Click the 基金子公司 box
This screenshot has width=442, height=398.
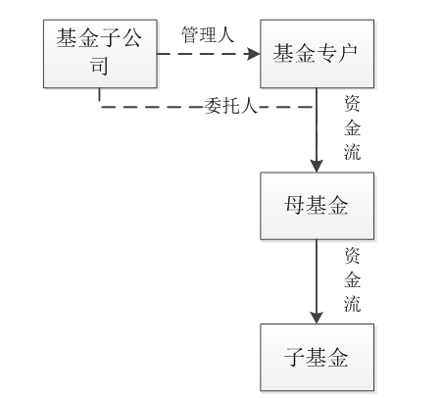(x=100, y=54)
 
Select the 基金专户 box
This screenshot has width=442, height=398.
(x=317, y=54)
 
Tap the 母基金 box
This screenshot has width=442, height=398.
(x=317, y=206)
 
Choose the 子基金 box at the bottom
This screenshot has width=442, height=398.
(x=317, y=357)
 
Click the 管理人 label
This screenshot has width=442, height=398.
(x=208, y=34)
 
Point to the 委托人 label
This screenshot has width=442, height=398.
(x=231, y=106)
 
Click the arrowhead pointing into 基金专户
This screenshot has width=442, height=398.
(x=254, y=54)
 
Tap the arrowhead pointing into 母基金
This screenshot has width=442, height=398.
(x=317, y=166)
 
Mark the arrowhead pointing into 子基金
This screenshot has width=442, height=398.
(x=317, y=318)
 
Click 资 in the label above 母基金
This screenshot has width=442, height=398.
(x=352, y=104)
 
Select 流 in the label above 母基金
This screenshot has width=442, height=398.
(x=352, y=152)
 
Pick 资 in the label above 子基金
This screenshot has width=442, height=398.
(x=352, y=256)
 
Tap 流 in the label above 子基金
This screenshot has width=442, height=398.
(x=352, y=304)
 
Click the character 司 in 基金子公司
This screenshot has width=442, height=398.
(x=99, y=66)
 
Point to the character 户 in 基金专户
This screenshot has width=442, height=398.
(x=348, y=54)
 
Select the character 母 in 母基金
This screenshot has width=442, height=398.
(x=295, y=206)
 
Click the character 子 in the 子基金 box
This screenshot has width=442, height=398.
(x=295, y=357)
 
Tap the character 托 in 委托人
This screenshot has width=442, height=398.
(x=231, y=106)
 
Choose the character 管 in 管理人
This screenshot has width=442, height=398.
(x=190, y=34)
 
